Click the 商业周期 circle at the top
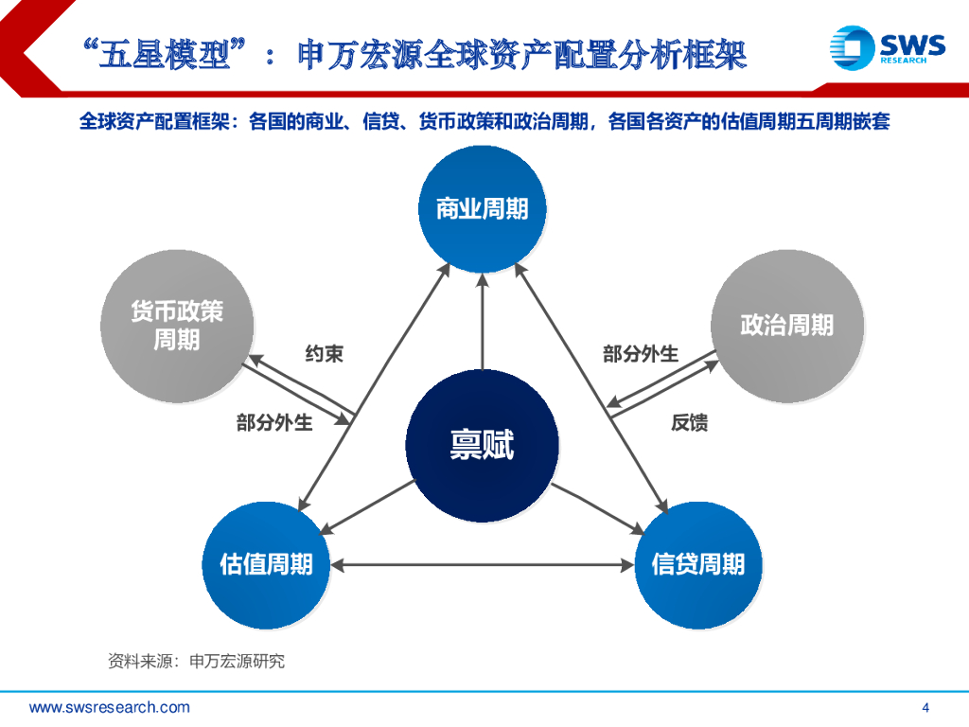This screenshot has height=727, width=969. click(482, 208)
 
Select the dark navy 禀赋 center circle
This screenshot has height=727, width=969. click(482, 444)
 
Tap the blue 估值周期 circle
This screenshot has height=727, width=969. click(266, 565)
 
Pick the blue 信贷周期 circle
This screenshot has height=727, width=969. click(697, 565)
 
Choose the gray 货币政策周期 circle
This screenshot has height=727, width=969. click(177, 326)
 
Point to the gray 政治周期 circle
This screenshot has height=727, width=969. click(786, 326)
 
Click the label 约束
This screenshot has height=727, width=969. click(324, 354)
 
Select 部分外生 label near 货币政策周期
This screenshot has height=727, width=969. click(274, 423)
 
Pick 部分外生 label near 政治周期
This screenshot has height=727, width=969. click(641, 354)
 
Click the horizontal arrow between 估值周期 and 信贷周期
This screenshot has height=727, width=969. click(482, 565)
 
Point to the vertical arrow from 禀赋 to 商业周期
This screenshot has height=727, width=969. click(482, 322)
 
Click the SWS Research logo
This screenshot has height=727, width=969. click(886, 47)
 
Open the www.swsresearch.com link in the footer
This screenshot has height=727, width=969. click(110, 707)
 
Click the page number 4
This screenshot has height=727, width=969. click(925, 707)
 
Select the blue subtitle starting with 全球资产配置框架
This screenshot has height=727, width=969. click(484, 122)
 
